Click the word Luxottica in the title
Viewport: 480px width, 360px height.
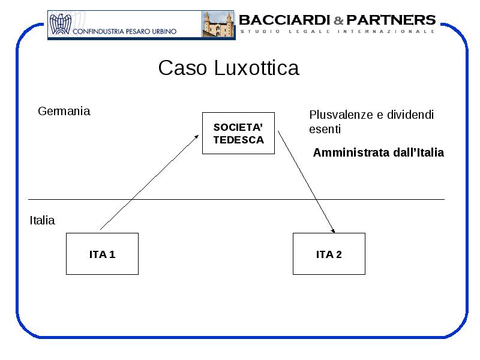point(257,68)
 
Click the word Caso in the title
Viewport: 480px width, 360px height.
point(182,68)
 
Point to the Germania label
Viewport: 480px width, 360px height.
point(64,111)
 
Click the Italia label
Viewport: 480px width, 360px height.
point(42,220)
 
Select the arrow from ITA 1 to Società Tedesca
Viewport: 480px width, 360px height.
point(149,182)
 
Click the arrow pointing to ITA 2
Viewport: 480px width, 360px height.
point(307,182)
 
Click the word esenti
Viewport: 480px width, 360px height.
point(325,129)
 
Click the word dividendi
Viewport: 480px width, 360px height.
point(410,115)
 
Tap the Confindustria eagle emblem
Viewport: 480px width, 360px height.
point(61,24)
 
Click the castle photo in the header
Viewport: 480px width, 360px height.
point(218,24)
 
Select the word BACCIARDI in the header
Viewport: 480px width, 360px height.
point(284,20)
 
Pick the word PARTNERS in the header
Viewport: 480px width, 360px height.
point(391,20)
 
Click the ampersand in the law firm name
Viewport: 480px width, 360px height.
point(338,20)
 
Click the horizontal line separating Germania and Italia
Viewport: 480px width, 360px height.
point(236,200)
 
